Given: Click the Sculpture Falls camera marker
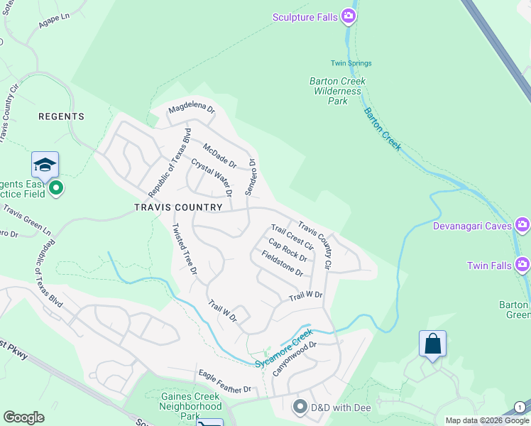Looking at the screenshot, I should (x=348, y=16).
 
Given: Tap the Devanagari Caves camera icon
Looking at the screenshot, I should (x=522, y=226).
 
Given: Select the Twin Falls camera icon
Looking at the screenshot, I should (x=522, y=266).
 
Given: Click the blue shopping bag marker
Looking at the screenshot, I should (x=432, y=344).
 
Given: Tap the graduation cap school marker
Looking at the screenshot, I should (x=45, y=165).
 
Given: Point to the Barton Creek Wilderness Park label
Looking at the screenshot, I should (x=337, y=91).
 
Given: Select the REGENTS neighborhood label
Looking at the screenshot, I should (x=61, y=116).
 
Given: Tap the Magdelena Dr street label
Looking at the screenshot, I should (x=191, y=109).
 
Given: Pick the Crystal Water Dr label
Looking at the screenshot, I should (x=212, y=177).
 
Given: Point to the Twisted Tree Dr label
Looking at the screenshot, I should (x=184, y=248).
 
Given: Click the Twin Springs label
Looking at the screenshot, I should (x=351, y=63).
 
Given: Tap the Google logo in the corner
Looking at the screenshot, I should (x=23, y=417).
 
